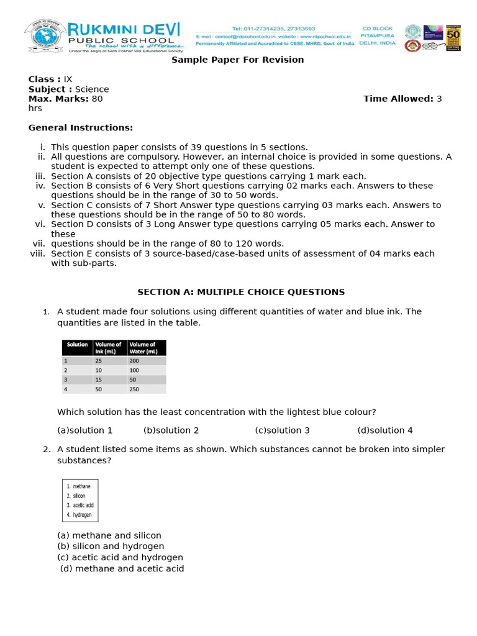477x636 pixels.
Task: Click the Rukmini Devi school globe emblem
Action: (x=45, y=35)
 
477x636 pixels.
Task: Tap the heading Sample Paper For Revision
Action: (x=237, y=60)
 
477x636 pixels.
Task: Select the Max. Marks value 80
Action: (x=98, y=99)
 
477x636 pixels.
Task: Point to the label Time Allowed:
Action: (x=398, y=99)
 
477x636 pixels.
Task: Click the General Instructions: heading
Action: (x=81, y=128)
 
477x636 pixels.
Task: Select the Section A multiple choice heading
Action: (x=241, y=292)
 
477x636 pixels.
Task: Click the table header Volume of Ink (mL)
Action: (x=109, y=348)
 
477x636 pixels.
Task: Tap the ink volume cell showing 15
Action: (x=99, y=379)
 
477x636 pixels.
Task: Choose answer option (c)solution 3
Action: (x=282, y=430)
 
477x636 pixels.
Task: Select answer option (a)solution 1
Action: (x=85, y=430)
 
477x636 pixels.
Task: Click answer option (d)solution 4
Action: (x=385, y=430)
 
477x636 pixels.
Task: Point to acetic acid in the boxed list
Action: (x=83, y=505)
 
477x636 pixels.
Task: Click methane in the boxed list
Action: (x=81, y=486)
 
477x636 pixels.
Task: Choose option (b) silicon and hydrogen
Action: (x=111, y=547)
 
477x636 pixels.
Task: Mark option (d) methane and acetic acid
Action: (x=122, y=569)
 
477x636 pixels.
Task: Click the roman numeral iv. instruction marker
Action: (x=40, y=186)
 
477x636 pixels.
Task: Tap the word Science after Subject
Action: (x=92, y=89)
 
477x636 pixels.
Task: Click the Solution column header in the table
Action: (x=78, y=345)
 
